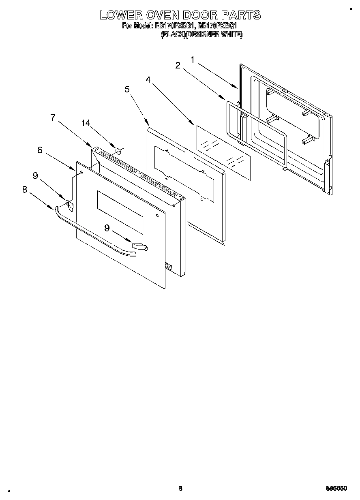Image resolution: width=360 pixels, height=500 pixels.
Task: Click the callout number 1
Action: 193,60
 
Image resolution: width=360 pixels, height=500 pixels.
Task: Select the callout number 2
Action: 178,66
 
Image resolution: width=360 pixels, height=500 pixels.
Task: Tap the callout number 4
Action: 148,80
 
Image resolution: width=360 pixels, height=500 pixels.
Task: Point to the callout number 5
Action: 127,89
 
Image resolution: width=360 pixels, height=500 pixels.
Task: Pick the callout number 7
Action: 53,118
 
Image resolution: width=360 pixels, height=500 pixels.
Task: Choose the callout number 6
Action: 40,150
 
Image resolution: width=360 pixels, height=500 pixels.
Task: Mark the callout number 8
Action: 25,189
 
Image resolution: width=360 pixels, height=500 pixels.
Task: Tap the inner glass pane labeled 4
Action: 223,152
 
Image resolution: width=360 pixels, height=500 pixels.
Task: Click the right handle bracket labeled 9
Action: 139,246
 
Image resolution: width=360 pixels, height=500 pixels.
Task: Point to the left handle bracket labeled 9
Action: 69,205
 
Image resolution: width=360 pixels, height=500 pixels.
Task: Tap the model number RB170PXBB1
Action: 175,26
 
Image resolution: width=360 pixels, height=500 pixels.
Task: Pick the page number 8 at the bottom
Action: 180,488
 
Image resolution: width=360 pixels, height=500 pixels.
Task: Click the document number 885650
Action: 336,488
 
